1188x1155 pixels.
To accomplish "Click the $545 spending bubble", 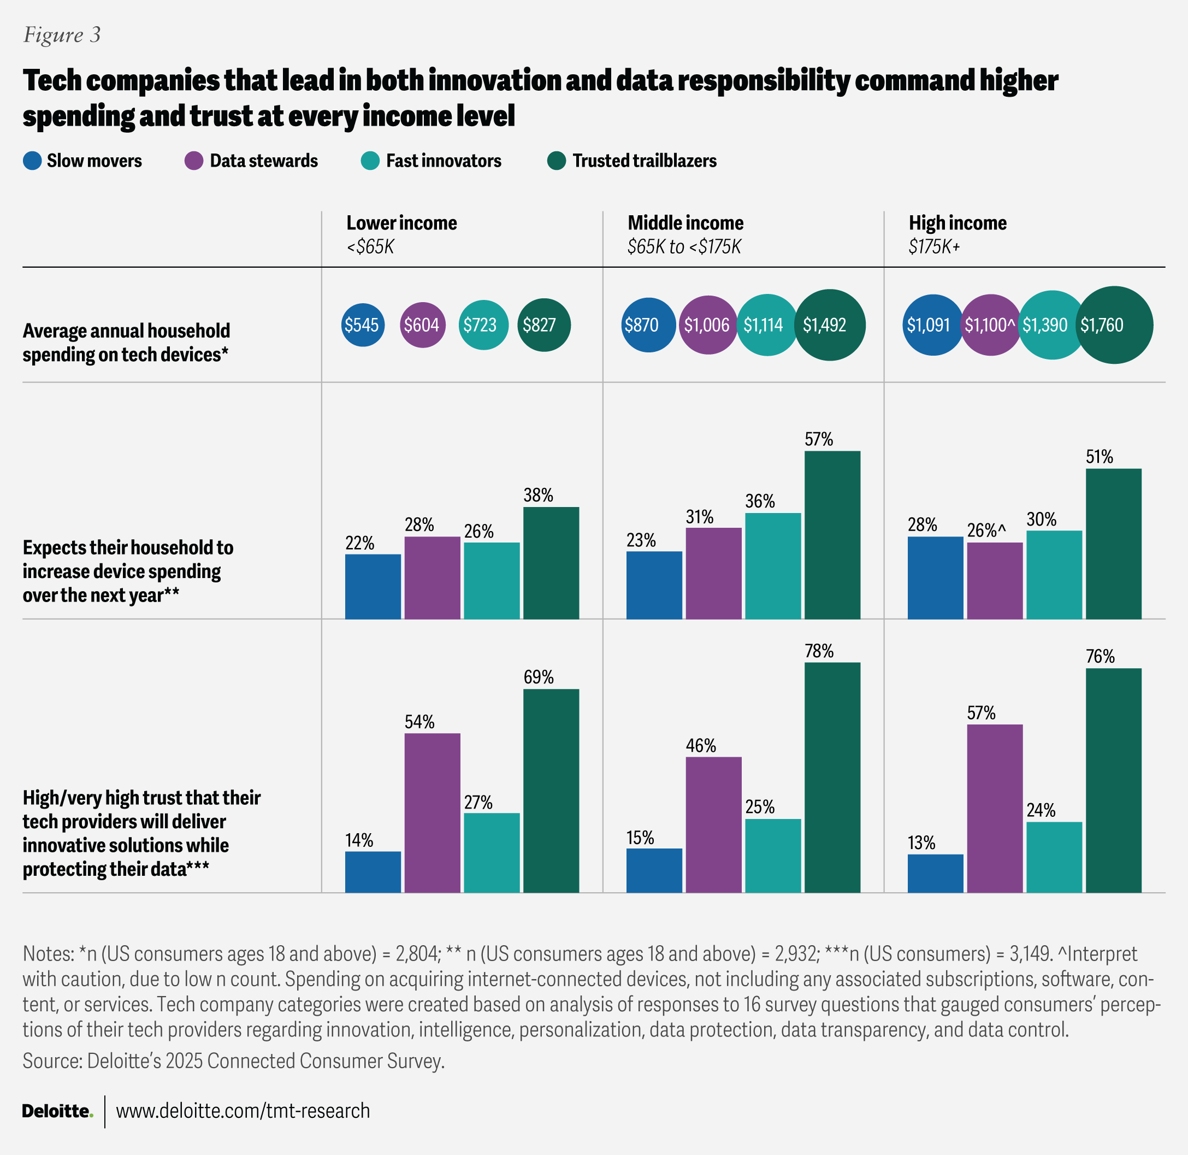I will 362,325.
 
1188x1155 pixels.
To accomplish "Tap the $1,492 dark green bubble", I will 829,325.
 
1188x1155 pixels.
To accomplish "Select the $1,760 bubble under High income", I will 1114,325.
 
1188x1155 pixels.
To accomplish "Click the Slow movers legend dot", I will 32,161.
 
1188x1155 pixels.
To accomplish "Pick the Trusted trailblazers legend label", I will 644,161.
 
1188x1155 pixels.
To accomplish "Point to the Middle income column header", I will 685,223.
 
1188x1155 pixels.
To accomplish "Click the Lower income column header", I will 401,223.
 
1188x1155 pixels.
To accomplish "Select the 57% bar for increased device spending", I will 832,534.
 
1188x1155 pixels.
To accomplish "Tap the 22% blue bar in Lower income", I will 373,586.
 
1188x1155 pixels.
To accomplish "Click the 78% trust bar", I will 832,777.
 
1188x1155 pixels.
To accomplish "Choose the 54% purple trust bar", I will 432,812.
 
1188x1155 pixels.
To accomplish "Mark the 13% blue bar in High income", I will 935,873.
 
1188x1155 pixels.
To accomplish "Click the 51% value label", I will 1099,457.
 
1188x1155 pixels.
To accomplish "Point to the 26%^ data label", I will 986,531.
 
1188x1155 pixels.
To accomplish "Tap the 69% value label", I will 539,677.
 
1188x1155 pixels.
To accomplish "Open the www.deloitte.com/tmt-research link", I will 243,1111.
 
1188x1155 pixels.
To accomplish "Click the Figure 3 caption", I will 62,35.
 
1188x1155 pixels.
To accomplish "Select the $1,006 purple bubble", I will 707,325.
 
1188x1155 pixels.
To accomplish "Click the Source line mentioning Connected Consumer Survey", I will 233,1061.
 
